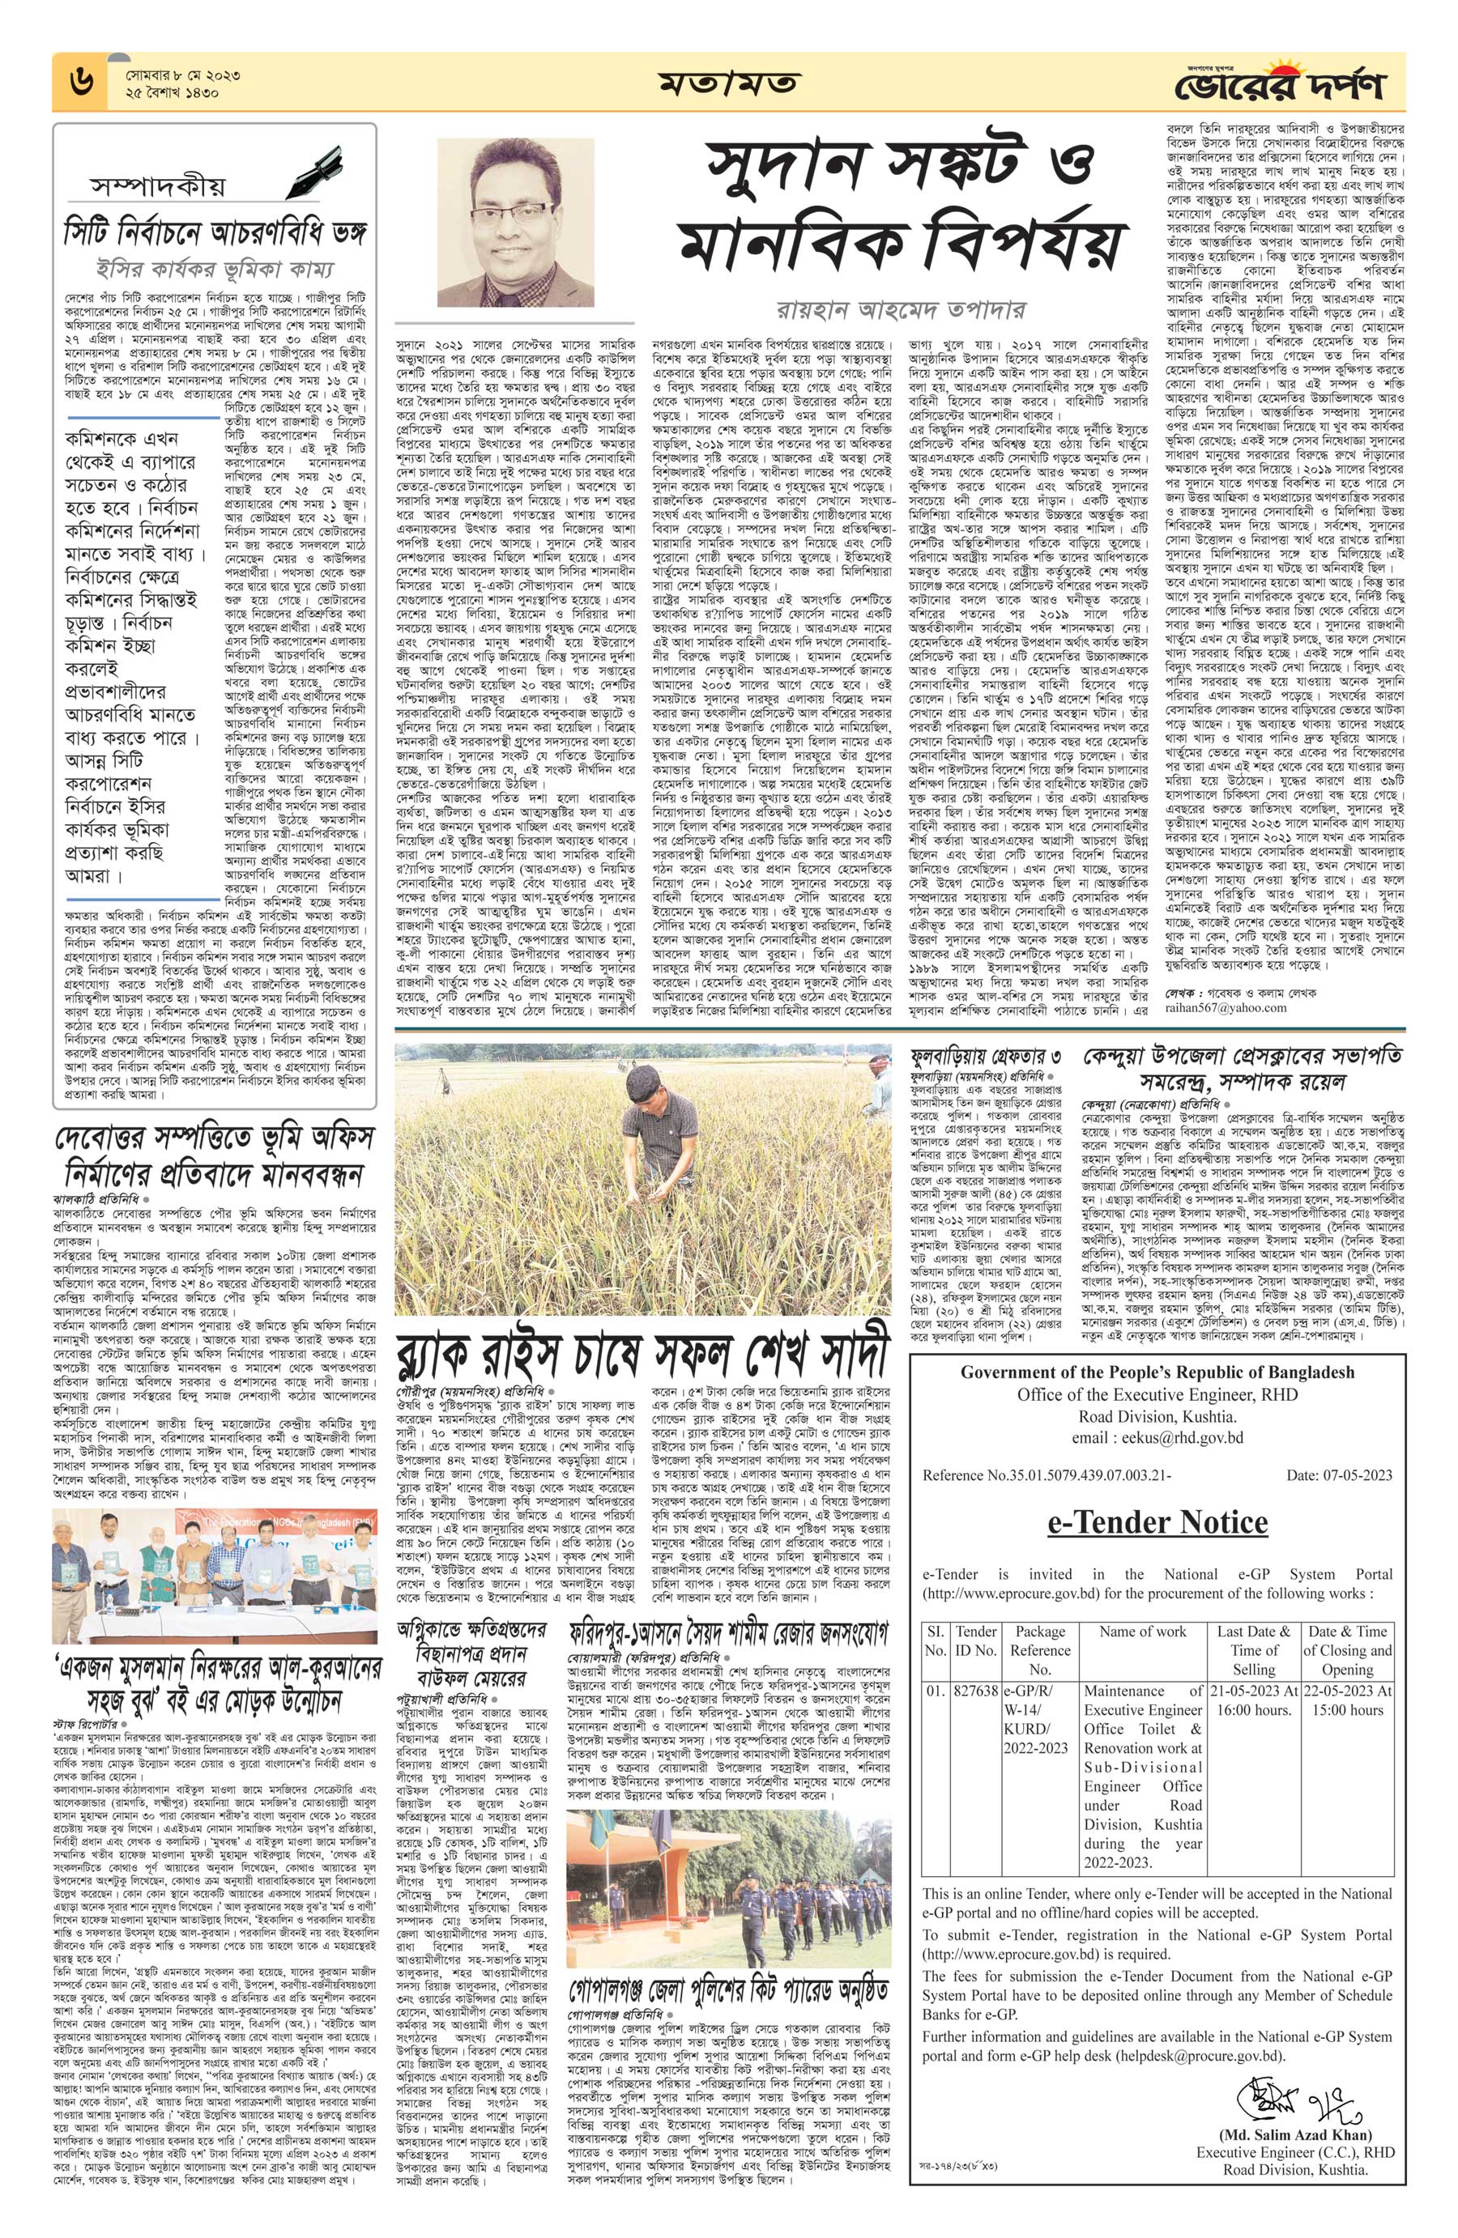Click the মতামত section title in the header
pos(728,82)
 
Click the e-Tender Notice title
pos(1156,1522)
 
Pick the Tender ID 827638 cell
pos(974,1691)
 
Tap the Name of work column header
pos(1143,1632)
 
